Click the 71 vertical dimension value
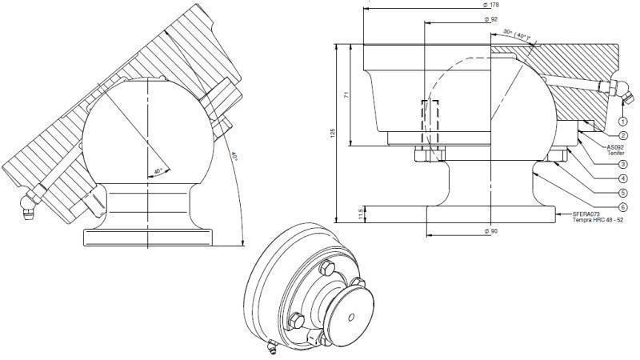coord(346,94)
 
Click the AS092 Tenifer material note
coord(615,150)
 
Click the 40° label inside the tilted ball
coord(158,170)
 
